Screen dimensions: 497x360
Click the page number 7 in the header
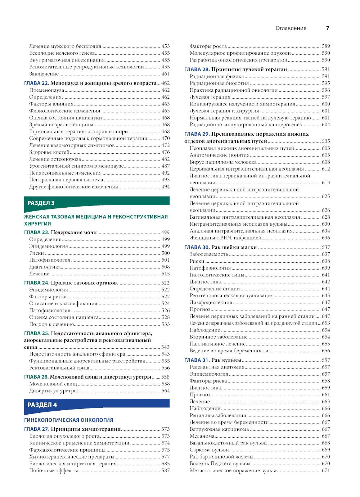pos(327,28)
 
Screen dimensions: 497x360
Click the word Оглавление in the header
pos(291,28)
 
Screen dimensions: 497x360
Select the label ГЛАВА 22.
pos(36,83)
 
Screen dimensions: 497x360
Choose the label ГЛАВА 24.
pos(36,283)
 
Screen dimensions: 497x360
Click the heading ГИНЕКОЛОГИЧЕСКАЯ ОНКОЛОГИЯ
pos(68,420)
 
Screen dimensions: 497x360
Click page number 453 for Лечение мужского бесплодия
pos(165,46)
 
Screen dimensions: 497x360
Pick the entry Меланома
pos(202,436)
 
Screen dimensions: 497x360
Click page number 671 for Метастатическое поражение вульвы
pos(325,470)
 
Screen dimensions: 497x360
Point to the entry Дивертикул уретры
pos(53,391)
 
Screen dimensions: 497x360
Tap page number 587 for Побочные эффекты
pos(165,470)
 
